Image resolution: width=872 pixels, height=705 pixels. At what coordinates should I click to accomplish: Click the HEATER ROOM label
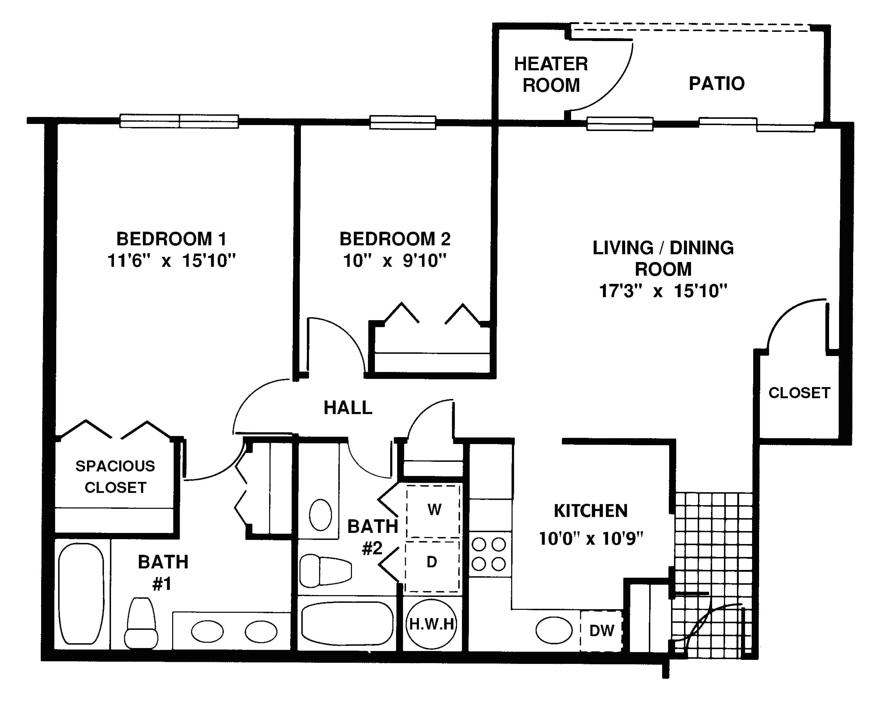551,75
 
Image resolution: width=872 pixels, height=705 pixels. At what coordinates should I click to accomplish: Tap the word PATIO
717,84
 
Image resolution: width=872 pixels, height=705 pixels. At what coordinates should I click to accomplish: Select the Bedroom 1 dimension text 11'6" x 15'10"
171,261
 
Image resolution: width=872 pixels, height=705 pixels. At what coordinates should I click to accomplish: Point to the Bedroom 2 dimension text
395,261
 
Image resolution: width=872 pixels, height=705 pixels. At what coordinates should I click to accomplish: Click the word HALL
348,408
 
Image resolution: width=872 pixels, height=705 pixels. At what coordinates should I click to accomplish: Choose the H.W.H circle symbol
431,624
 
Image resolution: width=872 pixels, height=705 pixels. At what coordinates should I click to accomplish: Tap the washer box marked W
434,510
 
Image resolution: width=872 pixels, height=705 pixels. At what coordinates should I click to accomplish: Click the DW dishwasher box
601,631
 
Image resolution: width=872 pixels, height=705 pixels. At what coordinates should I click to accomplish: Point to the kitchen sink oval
554,630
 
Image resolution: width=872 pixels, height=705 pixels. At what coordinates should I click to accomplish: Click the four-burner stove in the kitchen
489,554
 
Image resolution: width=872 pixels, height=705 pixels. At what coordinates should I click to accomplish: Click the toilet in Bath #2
325,571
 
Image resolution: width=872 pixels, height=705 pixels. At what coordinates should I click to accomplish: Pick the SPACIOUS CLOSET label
115,477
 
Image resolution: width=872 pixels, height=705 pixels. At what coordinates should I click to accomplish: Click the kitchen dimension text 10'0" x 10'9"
591,539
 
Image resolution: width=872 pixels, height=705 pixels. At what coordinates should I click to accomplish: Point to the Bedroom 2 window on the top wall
402,122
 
